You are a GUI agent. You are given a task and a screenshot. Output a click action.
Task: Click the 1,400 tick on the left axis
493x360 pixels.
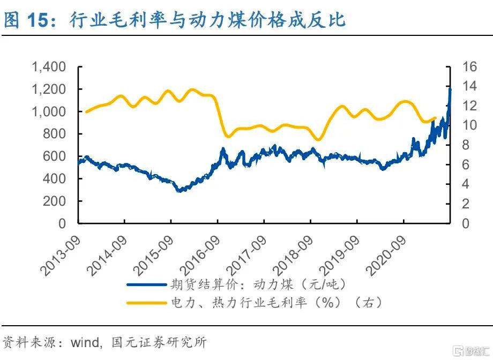[49, 67]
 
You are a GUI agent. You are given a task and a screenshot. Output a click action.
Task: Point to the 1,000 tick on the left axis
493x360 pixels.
[49, 112]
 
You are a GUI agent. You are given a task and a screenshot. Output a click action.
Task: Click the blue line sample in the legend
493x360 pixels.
[146, 284]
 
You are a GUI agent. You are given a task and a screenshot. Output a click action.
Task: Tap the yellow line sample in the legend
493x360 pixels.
[146, 303]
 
